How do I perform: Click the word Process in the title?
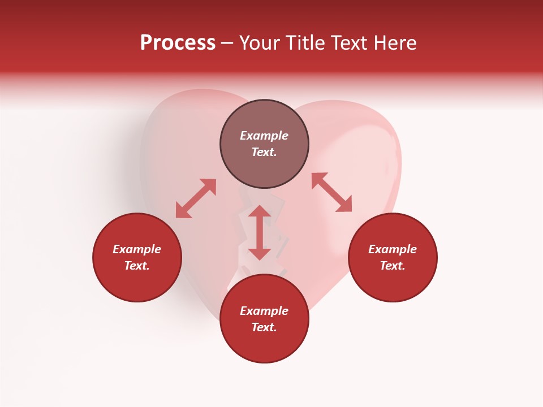178,43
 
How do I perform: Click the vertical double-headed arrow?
260,233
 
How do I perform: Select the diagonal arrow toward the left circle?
196,198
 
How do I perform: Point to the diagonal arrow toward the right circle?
332,192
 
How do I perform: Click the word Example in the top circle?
264,136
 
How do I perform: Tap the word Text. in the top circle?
264,152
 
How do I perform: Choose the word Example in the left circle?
137,249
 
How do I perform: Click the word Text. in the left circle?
137,266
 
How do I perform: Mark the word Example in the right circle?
393,249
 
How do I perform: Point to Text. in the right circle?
393,266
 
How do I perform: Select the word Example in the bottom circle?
264,311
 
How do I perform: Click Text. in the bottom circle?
264,327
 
